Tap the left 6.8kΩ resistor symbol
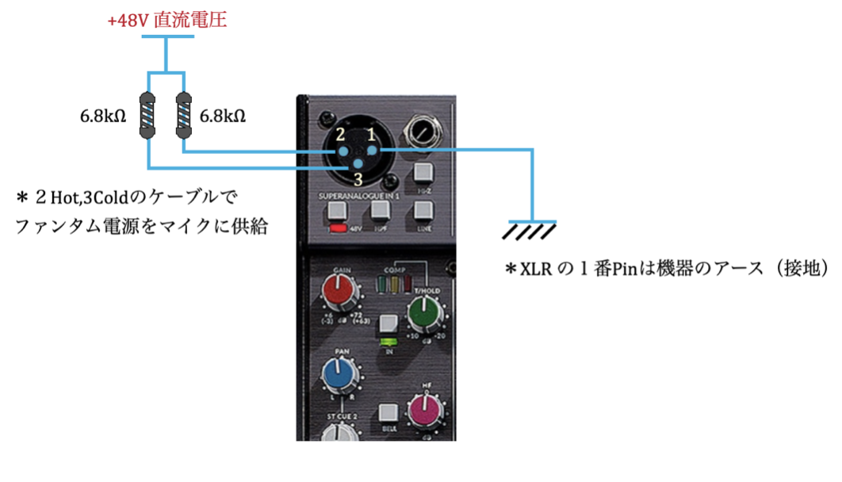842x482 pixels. pyautogui.click(x=148, y=116)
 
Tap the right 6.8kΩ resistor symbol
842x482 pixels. pyautogui.click(x=183, y=116)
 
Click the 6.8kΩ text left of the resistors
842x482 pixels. pyautogui.click(x=103, y=116)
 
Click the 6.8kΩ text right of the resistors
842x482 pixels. pyautogui.click(x=223, y=116)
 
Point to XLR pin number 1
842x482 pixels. pyautogui.click(x=371, y=151)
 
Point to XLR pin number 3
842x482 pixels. pyautogui.click(x=358, y=166)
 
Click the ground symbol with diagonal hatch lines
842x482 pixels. pyautogui.click(x=530, y=229)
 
